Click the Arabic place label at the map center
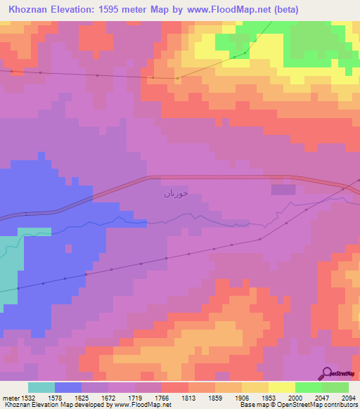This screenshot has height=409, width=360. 176,193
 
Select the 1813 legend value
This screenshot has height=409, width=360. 188,398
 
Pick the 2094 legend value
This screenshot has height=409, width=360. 349,398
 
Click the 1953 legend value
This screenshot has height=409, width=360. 269,398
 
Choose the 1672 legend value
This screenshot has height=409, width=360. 108,398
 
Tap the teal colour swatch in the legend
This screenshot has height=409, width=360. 41,387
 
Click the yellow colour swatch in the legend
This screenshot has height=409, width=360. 281,387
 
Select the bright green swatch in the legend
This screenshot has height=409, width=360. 308,387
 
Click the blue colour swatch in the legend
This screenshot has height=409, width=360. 68,387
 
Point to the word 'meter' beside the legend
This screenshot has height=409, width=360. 10,398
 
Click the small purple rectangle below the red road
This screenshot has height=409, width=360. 283,189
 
